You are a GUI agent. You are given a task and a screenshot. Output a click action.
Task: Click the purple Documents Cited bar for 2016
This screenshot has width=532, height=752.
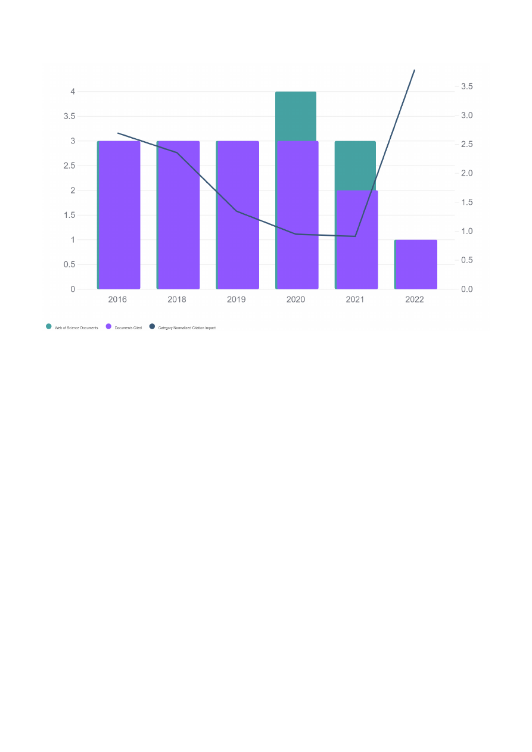click(119, 215)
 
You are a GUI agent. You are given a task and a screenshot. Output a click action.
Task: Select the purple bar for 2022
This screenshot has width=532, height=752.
click(416, 264)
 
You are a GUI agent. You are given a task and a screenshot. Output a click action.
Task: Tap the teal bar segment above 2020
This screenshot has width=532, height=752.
click(296, 116)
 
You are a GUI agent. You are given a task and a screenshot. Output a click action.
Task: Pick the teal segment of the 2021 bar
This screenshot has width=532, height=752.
click(355, 166)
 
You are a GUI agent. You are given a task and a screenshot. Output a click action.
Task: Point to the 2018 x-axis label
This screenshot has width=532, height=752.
click(177, 299)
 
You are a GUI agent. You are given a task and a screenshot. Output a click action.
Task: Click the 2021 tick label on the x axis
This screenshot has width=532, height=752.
click(355, 299)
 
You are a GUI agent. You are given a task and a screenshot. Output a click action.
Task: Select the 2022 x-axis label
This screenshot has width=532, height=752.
click(415, 299)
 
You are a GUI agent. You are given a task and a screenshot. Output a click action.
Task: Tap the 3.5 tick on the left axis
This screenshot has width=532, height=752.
click(69, 116)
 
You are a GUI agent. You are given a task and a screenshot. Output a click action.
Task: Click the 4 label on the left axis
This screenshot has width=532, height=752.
click(73, 92)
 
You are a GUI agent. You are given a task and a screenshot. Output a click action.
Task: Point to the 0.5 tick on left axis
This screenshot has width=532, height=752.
click(69, 264)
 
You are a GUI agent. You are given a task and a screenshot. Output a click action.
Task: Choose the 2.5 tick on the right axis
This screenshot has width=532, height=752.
click(466, 145)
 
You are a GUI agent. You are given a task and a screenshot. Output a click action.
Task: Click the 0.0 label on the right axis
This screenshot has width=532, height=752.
click(466, 289)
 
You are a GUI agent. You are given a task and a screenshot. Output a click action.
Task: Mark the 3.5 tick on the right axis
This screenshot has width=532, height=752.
click(466, 87)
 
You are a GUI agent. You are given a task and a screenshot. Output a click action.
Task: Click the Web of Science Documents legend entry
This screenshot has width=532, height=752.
click(76, 328)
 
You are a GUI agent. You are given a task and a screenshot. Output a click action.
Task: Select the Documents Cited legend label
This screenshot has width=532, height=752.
click(128, 328)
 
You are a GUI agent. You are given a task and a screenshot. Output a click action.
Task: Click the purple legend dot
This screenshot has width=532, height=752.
click(108, 326)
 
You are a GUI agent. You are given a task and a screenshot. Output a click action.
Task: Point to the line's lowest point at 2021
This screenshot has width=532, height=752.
click(355, 236)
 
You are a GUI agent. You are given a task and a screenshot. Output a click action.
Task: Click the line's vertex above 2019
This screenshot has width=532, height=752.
click(237, 211)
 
